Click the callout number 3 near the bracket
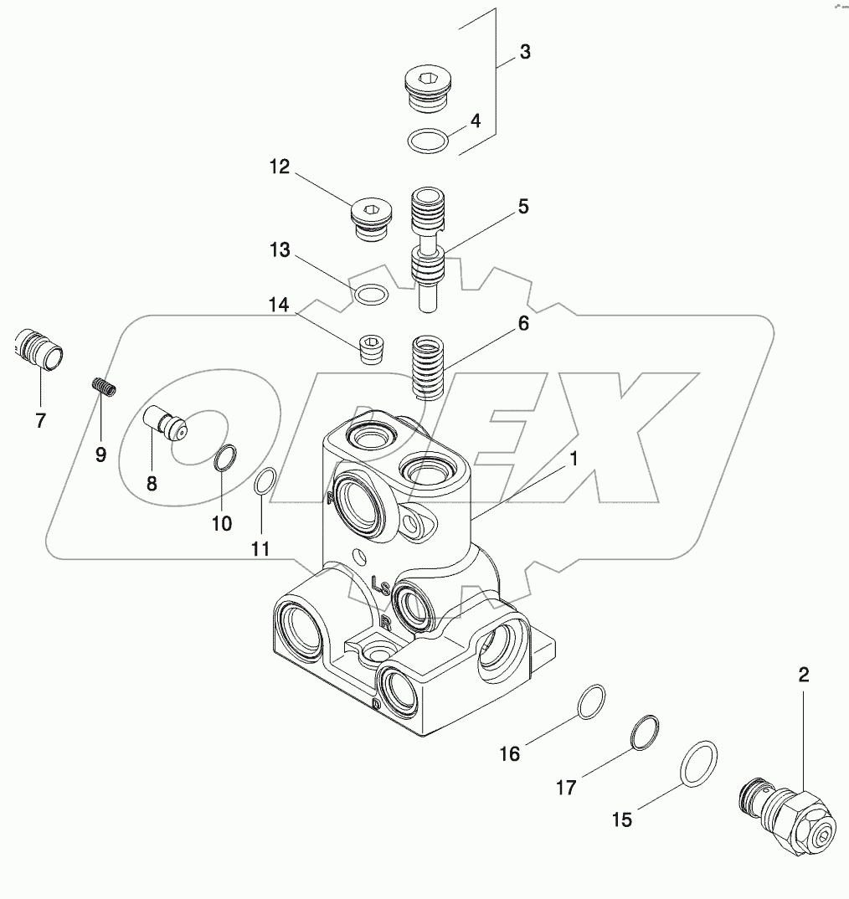coord(524,52)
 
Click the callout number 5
coord(522,206)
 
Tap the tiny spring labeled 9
coord(103,389)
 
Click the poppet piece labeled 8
coord(165,422)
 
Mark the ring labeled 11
coord(264,483)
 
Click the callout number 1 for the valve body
coord(574,458)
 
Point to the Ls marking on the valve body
coord(379,581)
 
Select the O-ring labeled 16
coord(592,701)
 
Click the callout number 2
coord(803,676)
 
